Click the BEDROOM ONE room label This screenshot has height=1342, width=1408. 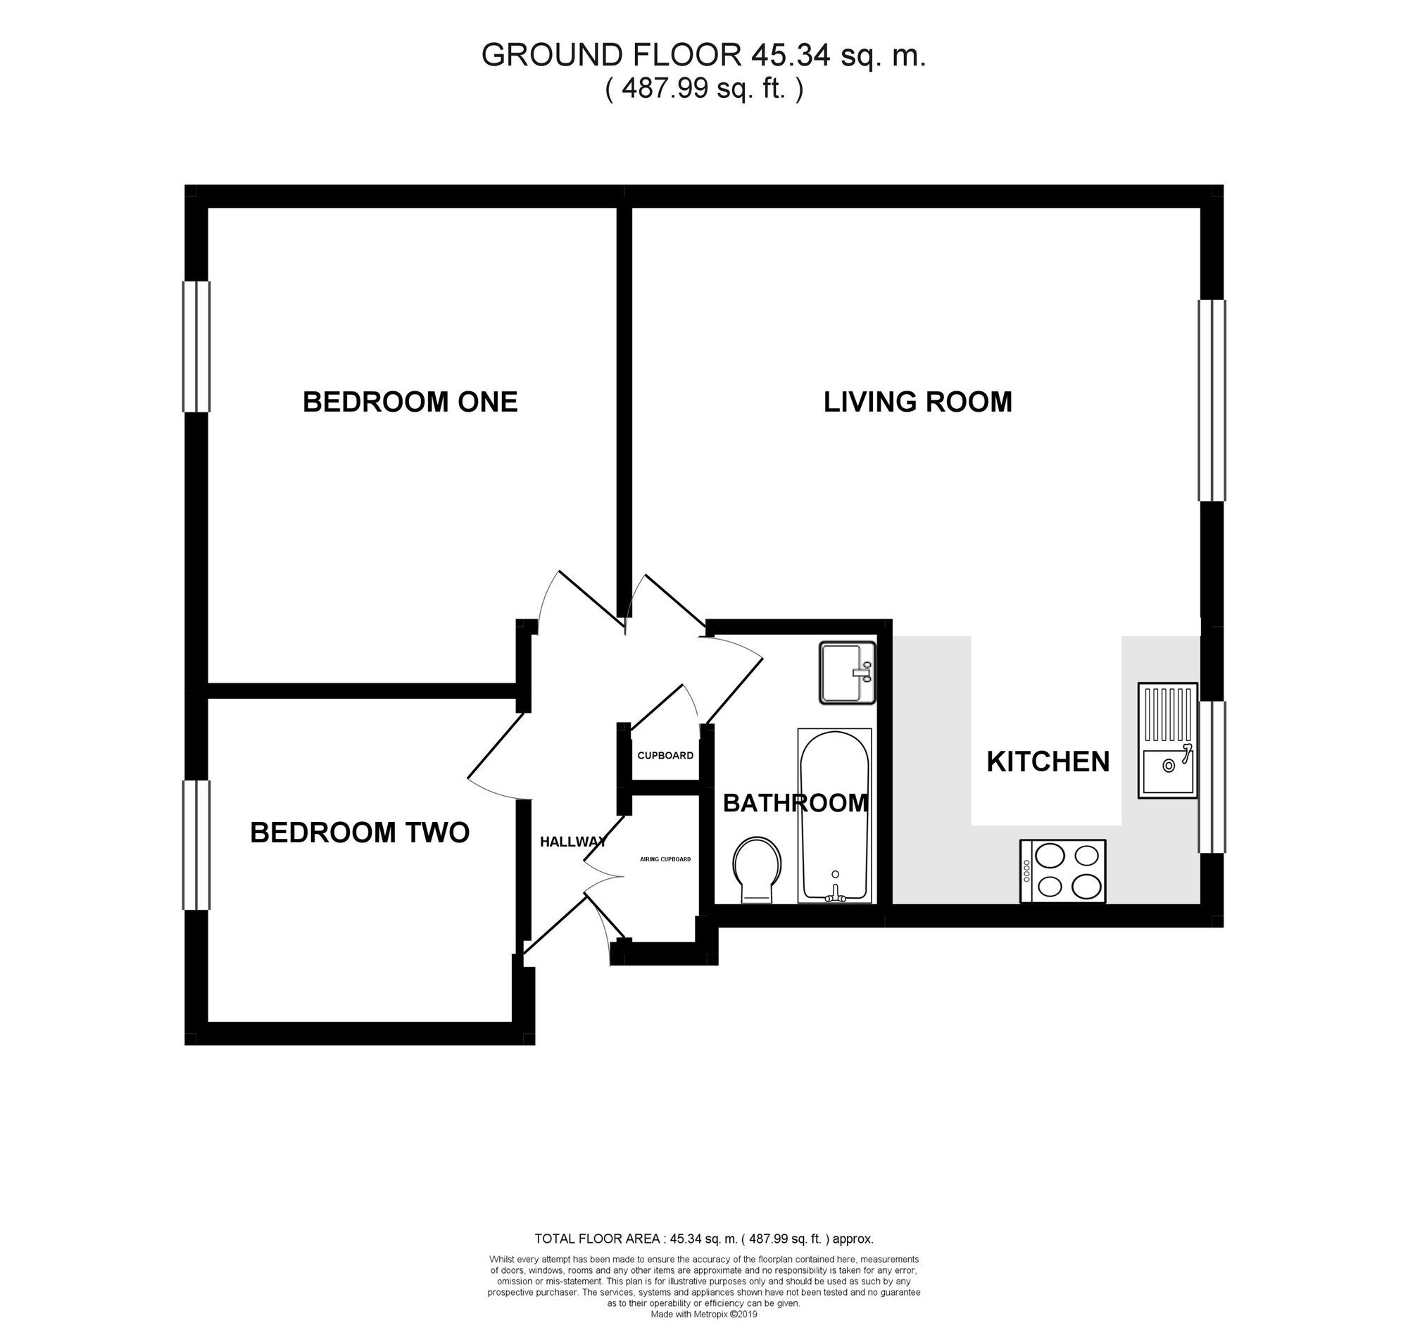click(x=410, y=402)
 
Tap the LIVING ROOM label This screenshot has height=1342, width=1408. click(x=918, y=402)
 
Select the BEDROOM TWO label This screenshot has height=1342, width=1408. click(x=360, y=833)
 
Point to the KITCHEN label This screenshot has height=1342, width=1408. click(x=1048, y=762)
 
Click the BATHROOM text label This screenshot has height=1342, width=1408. click(x=796, y=804)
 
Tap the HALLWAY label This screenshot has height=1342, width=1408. click(x=573, y=842)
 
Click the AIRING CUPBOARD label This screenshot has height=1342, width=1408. click(x=665, y=859)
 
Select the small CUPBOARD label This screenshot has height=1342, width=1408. click(x=665, y=755)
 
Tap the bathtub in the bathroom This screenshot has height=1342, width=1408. click(x=835, y=816)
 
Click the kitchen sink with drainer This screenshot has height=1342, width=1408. click(x=1168, y=740)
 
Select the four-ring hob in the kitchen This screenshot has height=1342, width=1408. click(x=1062, y=871)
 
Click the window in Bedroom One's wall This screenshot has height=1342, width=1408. click(x=196, y=347)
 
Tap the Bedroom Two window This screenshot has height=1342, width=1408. click(x=196, y=845)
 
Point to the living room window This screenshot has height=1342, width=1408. click(x=1212, y=400)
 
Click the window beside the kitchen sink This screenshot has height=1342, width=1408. click(x=1212, y=777)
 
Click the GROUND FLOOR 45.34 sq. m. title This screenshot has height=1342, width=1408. click(x=704, y=55)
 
